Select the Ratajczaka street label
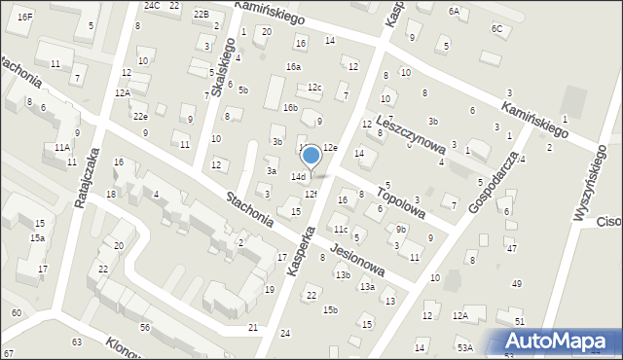coord(88,178)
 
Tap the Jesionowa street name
coord(357,260)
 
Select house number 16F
coord(25,18)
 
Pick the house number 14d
coord(298,177)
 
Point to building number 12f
coord(311,195)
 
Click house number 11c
coord(340,230)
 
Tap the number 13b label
coord(343,275)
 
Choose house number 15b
coord(330,310)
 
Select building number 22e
coord(140,116)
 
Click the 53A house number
coord(465,347)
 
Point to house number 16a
coord(293,66)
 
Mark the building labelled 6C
coord(497,28)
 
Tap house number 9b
coord(401,230)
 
